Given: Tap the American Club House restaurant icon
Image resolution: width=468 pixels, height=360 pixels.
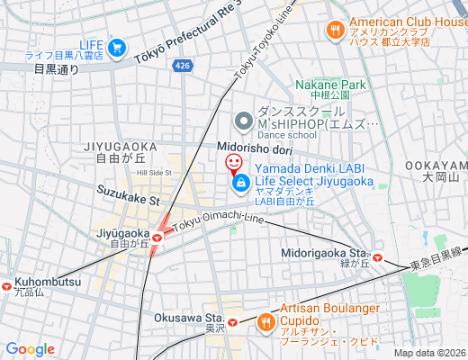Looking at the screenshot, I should (x=335, y=30).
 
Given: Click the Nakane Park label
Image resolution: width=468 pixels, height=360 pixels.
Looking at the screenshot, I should (x=331, y=85).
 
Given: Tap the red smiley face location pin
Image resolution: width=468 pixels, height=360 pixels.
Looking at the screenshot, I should (x=233, y=163).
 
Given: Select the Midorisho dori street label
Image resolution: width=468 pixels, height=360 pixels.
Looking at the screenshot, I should (x=255, y=148).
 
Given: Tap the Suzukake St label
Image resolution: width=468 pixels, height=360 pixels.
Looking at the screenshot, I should (x=128, y=200).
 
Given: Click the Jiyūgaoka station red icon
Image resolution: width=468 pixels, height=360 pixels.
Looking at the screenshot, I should (x=157, y=237).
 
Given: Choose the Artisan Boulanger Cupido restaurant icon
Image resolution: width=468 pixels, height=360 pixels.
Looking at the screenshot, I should (x=265, y=321).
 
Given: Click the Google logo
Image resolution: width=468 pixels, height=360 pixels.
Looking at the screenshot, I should (x=31, y=349).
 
